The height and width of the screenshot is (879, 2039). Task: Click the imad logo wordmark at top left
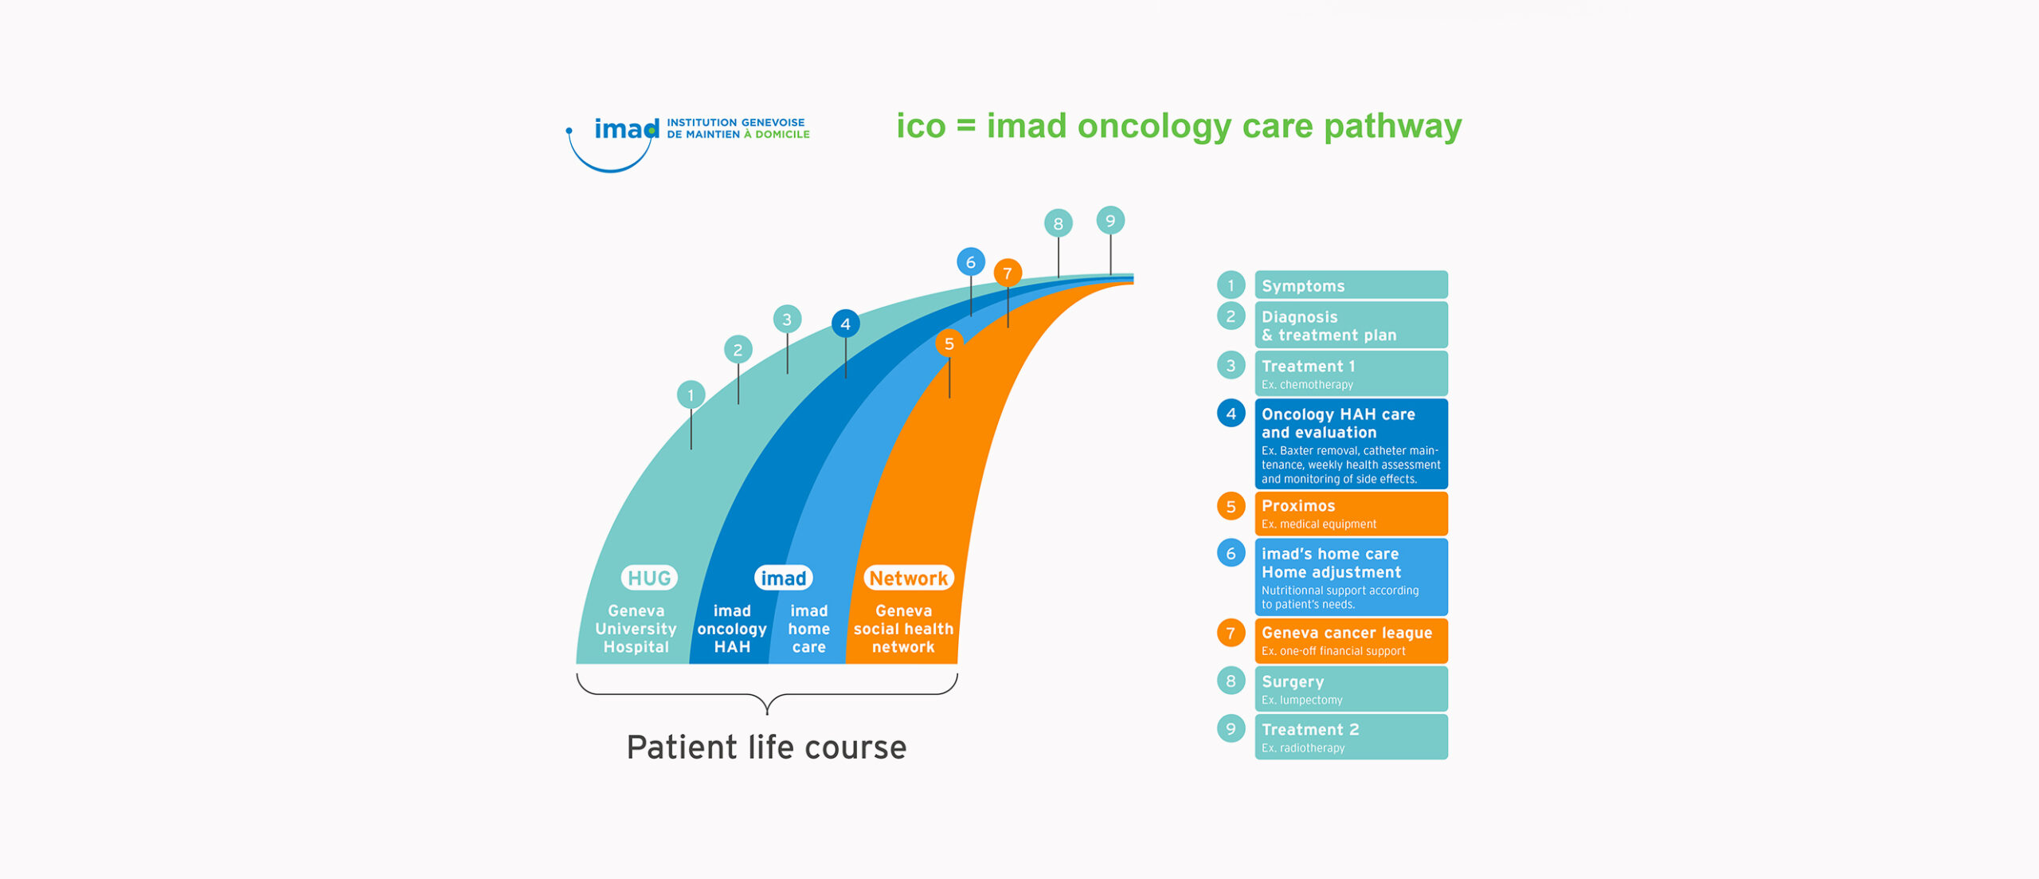pos(626,129)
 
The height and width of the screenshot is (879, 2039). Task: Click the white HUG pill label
pos(649,578)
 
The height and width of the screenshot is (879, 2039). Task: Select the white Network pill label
pos(908,578)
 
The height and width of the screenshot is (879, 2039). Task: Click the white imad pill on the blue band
pos(783,578)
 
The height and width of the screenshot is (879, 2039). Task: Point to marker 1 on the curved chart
pos(691,394)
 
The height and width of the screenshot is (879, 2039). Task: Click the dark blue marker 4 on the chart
pos(845,324)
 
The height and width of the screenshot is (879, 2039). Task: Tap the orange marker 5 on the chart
pos(949,343)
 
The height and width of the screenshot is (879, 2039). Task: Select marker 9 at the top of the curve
pos(1110,221)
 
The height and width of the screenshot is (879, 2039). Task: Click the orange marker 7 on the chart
pos(1008,273)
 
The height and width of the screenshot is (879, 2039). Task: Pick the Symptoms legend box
pos(1351,285)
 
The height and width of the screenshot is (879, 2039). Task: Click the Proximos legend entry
pos(1351,513)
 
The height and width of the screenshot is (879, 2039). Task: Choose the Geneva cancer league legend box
pos(1351,641)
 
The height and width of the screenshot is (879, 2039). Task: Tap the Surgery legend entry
pos(1351,689)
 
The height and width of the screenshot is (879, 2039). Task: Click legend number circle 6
pos(1231,553)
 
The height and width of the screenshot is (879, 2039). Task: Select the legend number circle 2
pos(1231,316)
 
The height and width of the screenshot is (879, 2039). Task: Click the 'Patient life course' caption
pos(766,748)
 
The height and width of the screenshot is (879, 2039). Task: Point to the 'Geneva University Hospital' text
pos(636,629)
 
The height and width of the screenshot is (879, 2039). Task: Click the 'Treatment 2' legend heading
pos(1310,729)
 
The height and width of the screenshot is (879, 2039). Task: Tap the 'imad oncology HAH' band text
pos(732,629)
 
